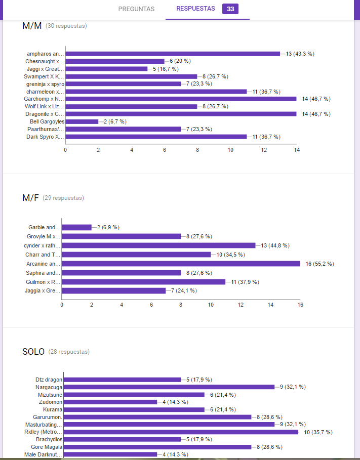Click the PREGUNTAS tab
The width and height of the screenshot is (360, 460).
point(136,9)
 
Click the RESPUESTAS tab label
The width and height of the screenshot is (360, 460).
point(195,9)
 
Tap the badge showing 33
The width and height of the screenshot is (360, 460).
point(230,9)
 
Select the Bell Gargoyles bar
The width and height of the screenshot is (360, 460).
point(82,121)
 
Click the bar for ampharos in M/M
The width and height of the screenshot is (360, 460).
point(172,54)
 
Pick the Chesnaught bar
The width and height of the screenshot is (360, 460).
point(115,61)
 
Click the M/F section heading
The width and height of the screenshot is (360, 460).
point(30,198)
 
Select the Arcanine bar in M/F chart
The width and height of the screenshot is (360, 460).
point(181,264)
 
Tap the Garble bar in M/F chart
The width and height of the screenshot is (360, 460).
point(76,227)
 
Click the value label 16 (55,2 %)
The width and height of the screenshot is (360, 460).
point(319,264)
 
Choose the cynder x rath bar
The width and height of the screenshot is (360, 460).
point(158,245)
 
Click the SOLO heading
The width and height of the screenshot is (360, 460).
point(33,352)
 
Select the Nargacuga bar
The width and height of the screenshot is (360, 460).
point(169,387)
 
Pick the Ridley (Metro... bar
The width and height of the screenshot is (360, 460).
point(181,432)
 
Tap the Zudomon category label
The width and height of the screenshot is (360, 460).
point(51,402)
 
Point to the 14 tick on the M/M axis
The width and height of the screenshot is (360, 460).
point(296,150)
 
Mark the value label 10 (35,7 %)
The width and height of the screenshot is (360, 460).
point(318,432)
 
